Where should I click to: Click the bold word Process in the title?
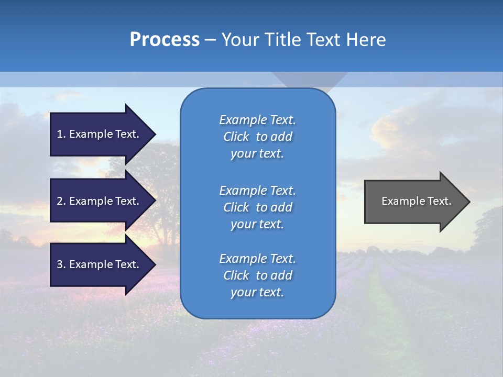tap(165, 40)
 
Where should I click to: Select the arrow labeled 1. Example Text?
tap(100, 134)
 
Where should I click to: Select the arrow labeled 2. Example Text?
tap(100, 201)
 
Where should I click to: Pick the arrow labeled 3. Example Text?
tap(100, 264)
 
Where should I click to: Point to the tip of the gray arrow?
tap(469, 202)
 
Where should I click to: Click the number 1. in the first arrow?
tap(61, 134)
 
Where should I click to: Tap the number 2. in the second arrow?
tap(61, 201)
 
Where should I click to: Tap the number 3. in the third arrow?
tap(61, 264)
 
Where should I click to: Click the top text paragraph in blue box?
tap(257, 137)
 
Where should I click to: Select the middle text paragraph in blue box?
tap(257, 207)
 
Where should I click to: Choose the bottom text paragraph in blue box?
tap(257, 275)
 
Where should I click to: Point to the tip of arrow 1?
tap(155, 134)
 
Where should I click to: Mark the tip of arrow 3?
tap(155, 264)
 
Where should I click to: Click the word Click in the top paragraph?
tap(236, 137)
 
